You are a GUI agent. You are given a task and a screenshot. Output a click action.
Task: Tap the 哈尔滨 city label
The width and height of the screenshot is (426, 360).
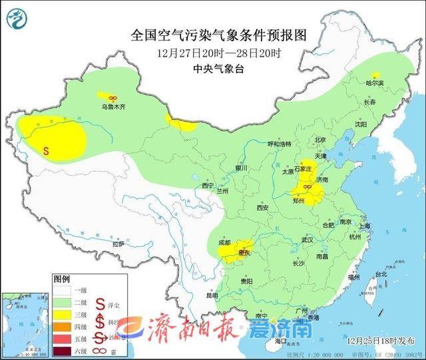click(x=376, y=83)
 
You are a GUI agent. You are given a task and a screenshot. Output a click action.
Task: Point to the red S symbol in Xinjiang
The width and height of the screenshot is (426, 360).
click(x=45, y=151)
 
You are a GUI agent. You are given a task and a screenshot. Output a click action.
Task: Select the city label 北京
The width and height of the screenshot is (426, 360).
click(x=319, y=140)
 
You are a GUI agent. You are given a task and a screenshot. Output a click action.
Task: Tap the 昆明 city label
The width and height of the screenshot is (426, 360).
click(x=212, y=295)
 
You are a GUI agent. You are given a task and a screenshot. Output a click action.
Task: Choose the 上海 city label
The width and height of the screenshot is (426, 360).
click(x=364, y=226)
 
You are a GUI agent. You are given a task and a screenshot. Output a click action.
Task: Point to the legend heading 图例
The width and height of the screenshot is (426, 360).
click(x=61, y=279)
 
